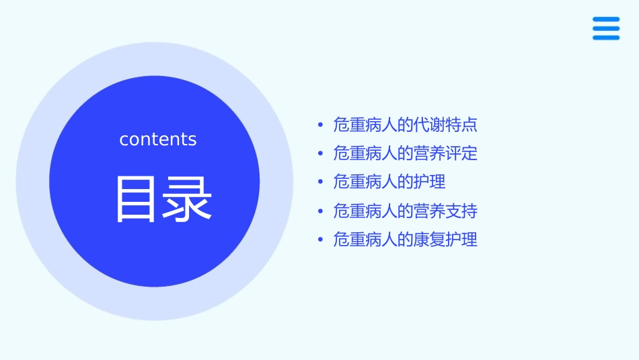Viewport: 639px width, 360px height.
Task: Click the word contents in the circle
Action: pos(158,139)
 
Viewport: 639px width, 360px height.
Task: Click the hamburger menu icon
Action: pos(606,28)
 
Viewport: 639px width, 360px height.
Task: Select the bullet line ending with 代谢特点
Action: pos(405,125)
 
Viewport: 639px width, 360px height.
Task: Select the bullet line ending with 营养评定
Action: pos(405,153)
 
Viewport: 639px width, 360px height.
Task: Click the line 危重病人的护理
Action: pos(389,182)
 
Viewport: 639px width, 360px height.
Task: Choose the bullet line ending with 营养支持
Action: pos(405,211)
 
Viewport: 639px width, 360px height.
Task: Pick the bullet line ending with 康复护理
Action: pos(405,240)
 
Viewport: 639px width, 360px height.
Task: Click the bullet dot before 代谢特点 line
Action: pos(320,125)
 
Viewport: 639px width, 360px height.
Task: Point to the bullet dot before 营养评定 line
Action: pos(320,153)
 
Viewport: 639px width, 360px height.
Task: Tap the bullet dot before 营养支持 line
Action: pos(320,211)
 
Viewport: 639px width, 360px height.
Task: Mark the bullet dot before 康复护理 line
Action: pos(320,240)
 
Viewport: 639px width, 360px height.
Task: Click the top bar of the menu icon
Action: pos(606,19)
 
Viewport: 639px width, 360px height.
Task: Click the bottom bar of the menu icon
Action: pos(606,38)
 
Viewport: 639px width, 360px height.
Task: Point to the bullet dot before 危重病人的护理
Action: pos(320,182)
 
